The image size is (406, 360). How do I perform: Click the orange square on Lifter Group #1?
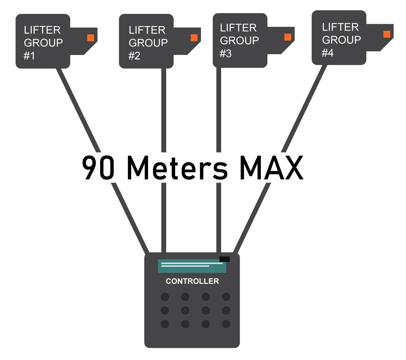[x=91, y=38]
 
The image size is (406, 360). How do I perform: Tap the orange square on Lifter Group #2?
[x=194, y=38]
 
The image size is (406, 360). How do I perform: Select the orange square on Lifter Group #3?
[x=288, y=37]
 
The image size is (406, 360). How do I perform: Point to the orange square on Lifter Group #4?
[x=387, y=34]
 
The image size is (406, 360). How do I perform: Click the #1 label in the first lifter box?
[x=29, y=56]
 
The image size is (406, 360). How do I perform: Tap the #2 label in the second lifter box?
[x=134, y=56]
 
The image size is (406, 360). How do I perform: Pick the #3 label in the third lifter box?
[x=225, y=54]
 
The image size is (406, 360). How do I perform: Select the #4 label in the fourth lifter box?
[x=328, y=53]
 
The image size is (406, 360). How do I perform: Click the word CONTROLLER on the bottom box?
[x=192, y=281]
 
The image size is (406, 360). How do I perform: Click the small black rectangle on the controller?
[x=224, y=259]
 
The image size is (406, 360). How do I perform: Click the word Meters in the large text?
[x=177, y=168]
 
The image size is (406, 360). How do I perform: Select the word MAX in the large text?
[x=271, y=168]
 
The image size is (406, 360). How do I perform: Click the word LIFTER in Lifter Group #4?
[x=340, y=27]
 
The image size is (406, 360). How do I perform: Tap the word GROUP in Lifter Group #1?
[x=43, y=43]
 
